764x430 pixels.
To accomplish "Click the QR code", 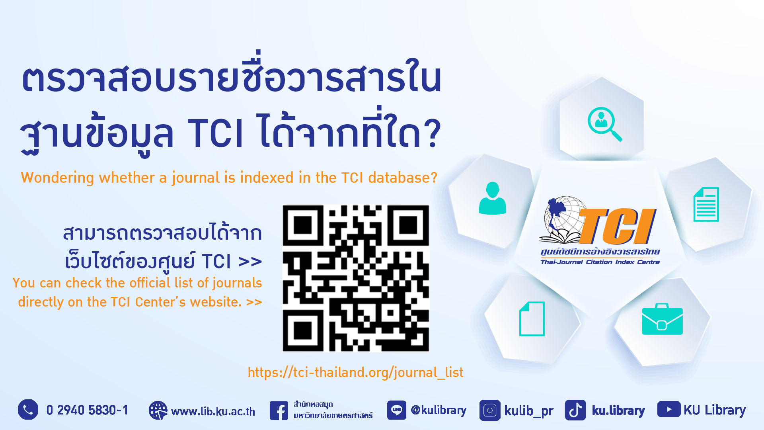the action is pyautogui.click(x=356, y=278).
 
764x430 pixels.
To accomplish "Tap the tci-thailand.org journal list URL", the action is pyautogui.click(x=355, y=372).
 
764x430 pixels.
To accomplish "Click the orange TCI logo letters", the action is pyautogui.click(x=616, y=226).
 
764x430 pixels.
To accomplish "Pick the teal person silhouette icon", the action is pyautogui.click(x=493, y=198).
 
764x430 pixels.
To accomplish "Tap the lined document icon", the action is pyautogui.click(x=706, y=204).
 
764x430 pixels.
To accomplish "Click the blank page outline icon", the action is pyautogui.click(x=532, y=319).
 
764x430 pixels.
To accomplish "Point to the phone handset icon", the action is pyautogui.click(x=28, y=410).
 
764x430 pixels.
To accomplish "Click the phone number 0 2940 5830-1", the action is pyautogui.click(x=87, y=410).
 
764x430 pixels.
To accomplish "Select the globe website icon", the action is pyautogui.click(x=158, y=410).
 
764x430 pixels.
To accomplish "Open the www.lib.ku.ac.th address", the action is pyautogui.click(x=213, y=411).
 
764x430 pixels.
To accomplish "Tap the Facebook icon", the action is pyautogui.click(x=279, y=410).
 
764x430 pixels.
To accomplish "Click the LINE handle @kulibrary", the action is pyautogui.click(x=439, y=410).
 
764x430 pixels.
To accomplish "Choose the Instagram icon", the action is pyautogui.click(x=490, y=410).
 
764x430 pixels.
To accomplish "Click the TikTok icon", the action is pyautogui.click(x=575, y=410).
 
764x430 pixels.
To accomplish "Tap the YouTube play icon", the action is pyautogui.click(x=669, y=409).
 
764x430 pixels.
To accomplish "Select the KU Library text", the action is pyautogui.click(x=715, y=410).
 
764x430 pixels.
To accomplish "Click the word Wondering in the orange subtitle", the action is pyautogui.click(x=57, y=178).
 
